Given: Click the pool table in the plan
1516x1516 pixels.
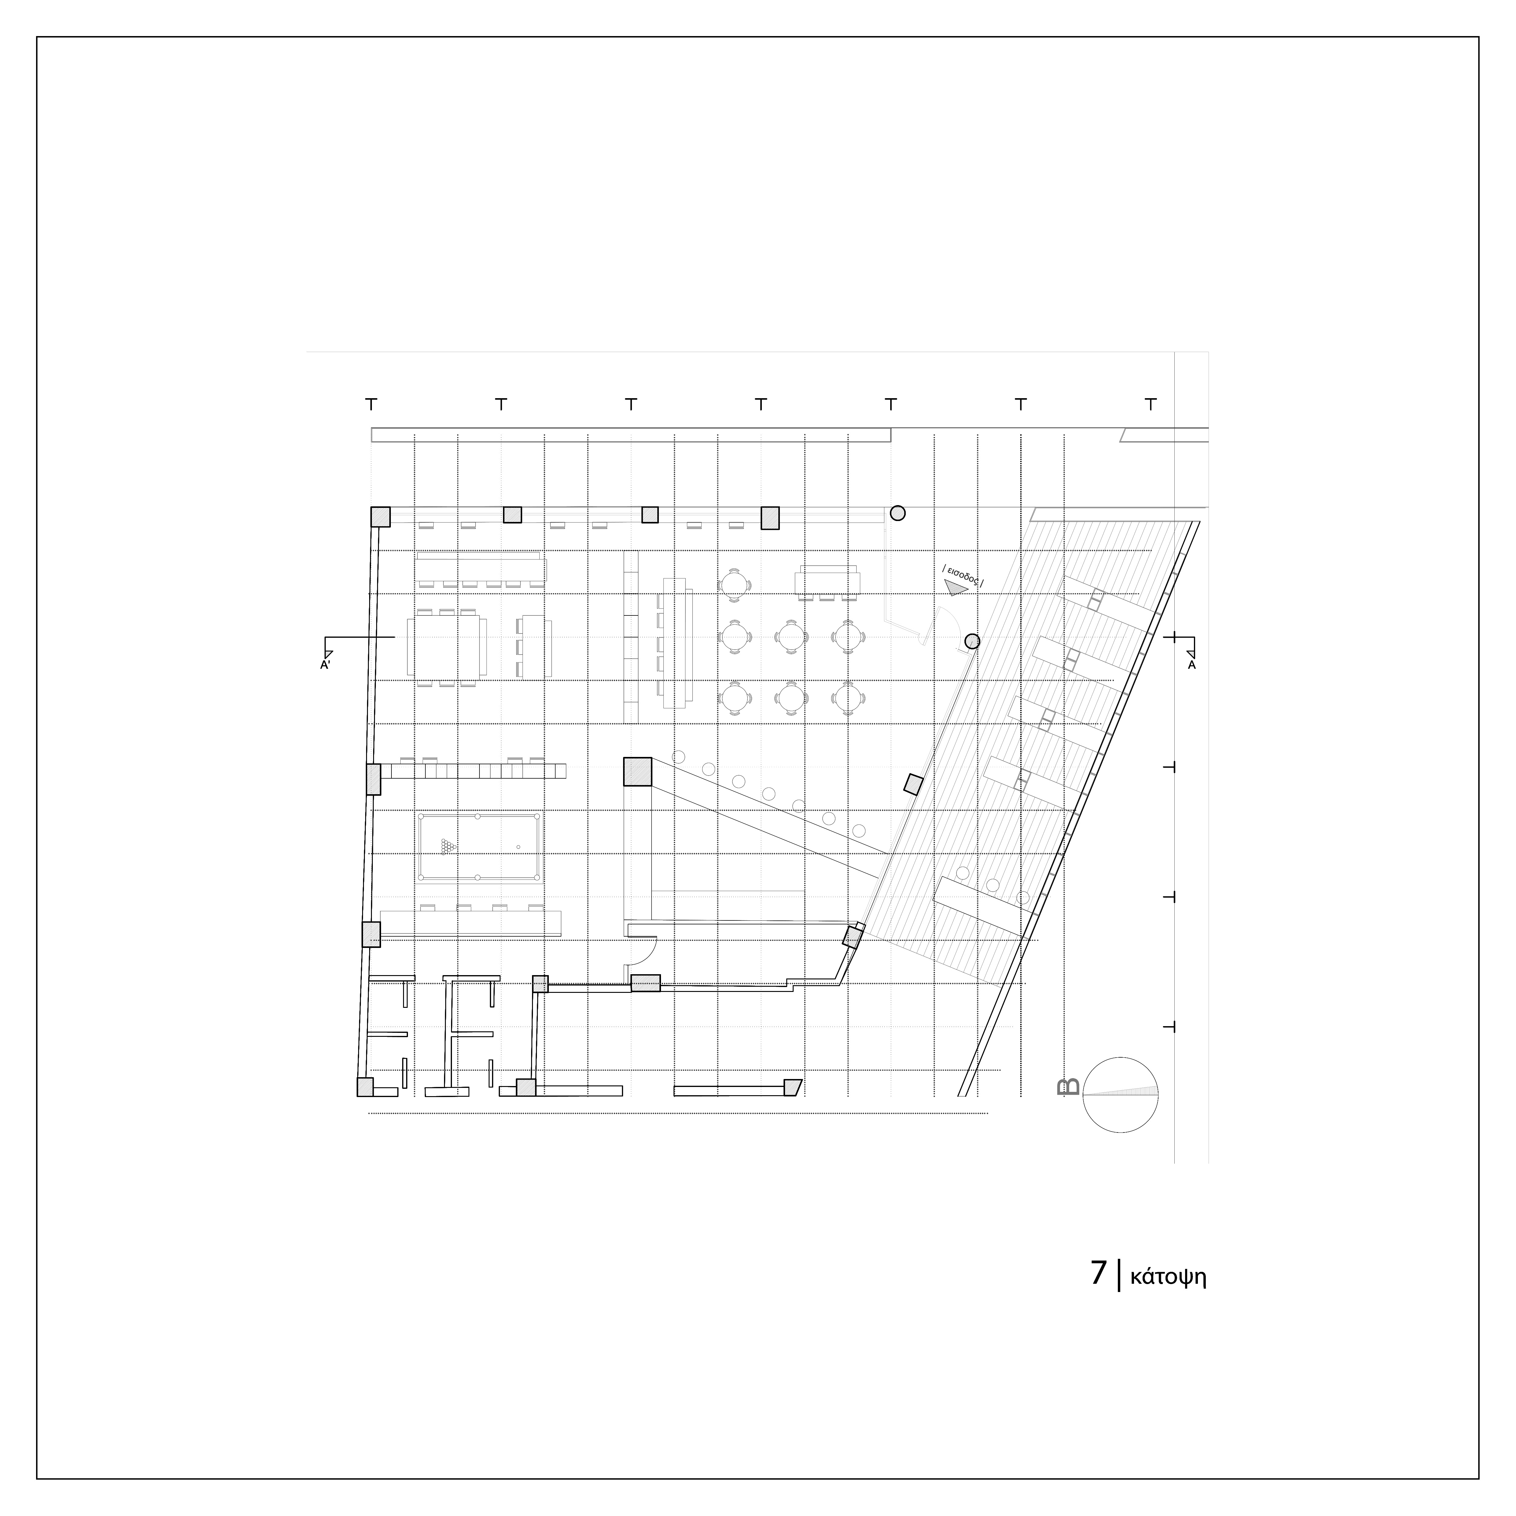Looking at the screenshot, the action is pos(479,847).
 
